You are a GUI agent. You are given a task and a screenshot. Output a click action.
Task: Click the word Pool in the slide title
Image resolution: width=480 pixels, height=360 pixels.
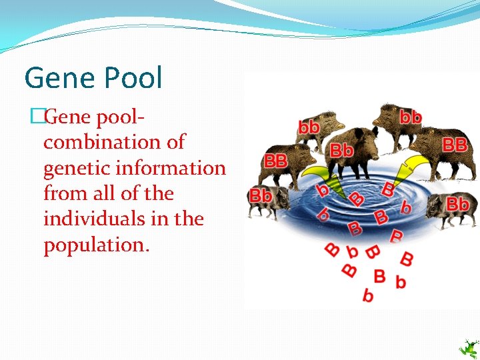131,79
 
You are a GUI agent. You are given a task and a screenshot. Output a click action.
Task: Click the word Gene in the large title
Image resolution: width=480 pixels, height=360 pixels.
58,79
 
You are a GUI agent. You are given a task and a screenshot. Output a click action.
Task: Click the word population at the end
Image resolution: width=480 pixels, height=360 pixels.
96,245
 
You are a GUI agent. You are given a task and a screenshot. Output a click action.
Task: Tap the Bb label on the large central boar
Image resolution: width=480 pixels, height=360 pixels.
341,150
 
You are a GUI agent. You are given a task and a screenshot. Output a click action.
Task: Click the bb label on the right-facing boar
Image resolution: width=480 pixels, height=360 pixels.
410,117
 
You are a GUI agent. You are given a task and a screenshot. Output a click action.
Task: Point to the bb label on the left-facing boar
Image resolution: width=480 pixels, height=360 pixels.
307,126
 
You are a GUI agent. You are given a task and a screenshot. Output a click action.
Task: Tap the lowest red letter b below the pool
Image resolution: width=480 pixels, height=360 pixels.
367,295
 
